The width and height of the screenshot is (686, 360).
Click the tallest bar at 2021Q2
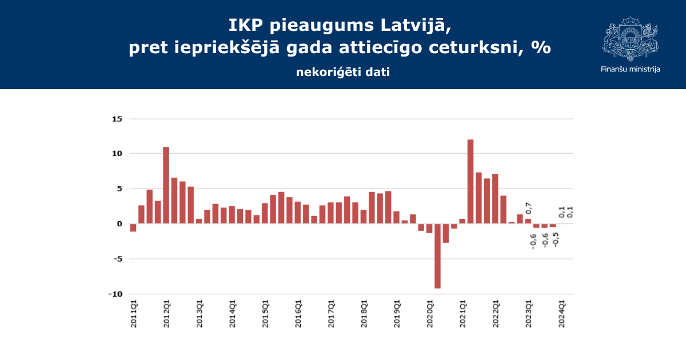(470, 181)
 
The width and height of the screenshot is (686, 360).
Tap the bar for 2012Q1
(166, 185)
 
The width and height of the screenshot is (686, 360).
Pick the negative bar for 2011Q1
(133, 227)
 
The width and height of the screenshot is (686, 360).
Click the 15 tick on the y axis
(117, 119)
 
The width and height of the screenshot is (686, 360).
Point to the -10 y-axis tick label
(115, 294)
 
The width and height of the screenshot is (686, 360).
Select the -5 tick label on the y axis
(117, 259)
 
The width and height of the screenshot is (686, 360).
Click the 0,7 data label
(529, 208)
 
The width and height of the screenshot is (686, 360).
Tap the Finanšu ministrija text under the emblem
(631, 69)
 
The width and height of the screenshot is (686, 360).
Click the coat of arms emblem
(630, 38)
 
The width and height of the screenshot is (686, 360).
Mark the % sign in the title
(540, 47)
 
